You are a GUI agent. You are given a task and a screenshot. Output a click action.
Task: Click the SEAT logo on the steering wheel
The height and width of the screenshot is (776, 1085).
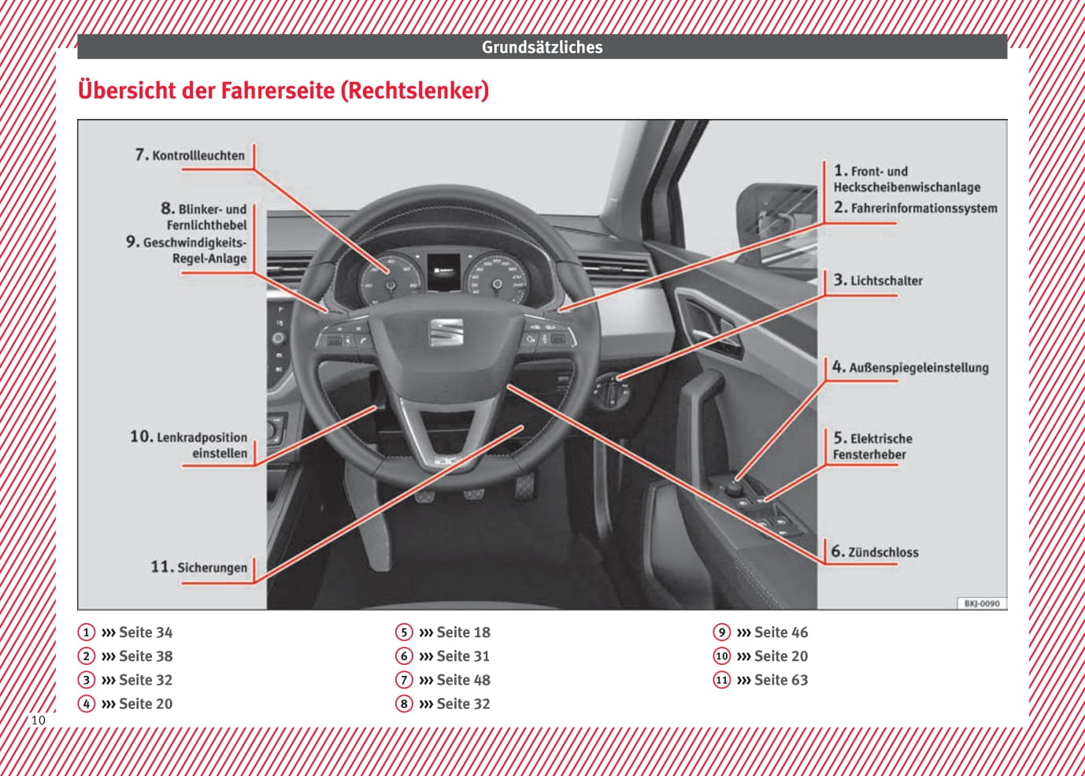coord(446,332)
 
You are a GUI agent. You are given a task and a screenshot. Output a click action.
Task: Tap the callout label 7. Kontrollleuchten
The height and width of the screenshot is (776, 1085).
coord(191,155)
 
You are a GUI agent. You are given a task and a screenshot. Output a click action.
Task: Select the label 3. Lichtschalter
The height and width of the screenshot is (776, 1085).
coord(878,280)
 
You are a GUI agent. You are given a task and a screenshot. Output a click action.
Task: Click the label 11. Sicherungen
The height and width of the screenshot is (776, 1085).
coord(199,567)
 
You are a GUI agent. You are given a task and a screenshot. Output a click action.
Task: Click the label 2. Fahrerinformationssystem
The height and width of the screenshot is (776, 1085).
coord(916,208)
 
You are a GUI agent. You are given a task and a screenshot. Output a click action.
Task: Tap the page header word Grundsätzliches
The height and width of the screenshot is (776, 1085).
coord(542,47)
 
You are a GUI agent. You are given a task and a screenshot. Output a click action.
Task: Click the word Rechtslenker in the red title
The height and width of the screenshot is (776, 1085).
coord(414,91)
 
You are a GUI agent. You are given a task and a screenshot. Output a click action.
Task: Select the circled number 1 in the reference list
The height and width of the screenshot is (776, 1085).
coord(87,633)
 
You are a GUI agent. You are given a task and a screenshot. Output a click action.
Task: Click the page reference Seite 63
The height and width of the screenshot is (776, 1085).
coord(781,680)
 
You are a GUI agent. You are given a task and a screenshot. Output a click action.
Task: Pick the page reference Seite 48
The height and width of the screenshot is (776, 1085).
coord(463,680)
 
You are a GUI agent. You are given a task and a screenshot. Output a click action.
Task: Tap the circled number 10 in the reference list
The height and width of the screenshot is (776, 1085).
coord(722,656)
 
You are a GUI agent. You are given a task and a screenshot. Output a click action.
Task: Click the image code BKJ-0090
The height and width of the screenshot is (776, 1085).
coord(982,603)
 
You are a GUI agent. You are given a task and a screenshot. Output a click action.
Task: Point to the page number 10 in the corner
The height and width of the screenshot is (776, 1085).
coord(38,720)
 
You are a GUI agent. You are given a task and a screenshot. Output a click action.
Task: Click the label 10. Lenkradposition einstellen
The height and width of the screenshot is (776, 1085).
coord(189,445)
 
